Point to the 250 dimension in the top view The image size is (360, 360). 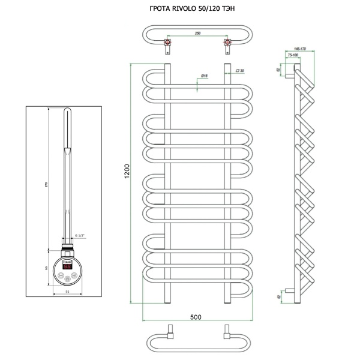pos(197,34)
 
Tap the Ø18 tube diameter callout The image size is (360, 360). pos(203,76)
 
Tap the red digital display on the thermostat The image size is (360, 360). pos(67,266)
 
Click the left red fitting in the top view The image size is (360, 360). pos(169,44)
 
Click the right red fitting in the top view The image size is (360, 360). pos(227,44)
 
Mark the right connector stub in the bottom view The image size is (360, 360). pos(227,331)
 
